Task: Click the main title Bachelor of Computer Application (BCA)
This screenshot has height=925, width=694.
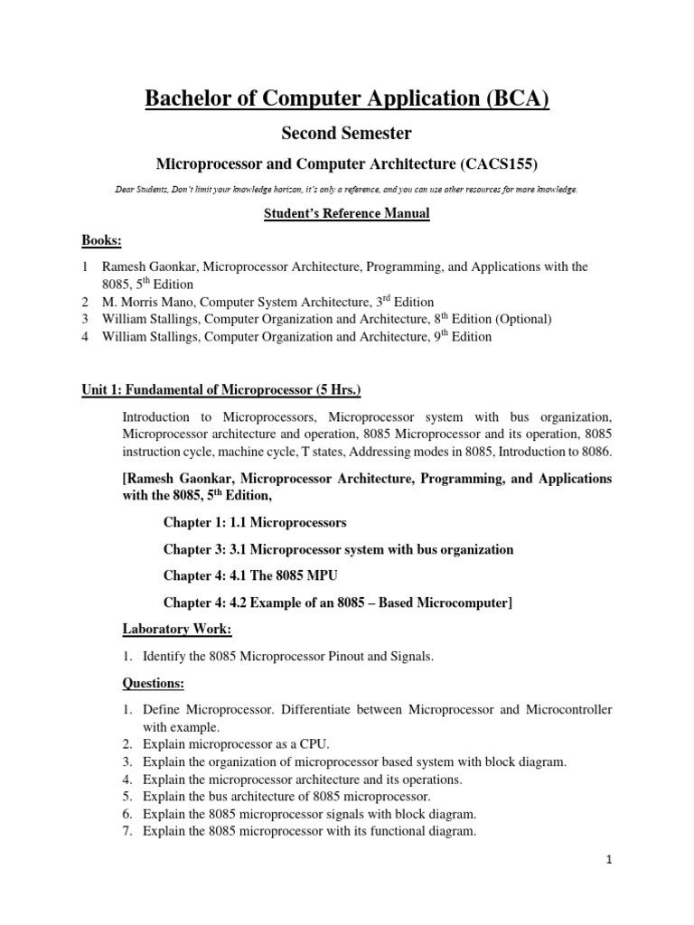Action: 347,98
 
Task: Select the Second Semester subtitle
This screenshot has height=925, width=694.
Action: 347,134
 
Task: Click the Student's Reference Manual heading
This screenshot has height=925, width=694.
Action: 347,214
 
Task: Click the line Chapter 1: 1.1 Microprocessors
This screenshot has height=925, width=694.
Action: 255,523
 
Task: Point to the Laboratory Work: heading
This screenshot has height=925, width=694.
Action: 177,629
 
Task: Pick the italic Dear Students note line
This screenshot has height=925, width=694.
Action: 347,190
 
